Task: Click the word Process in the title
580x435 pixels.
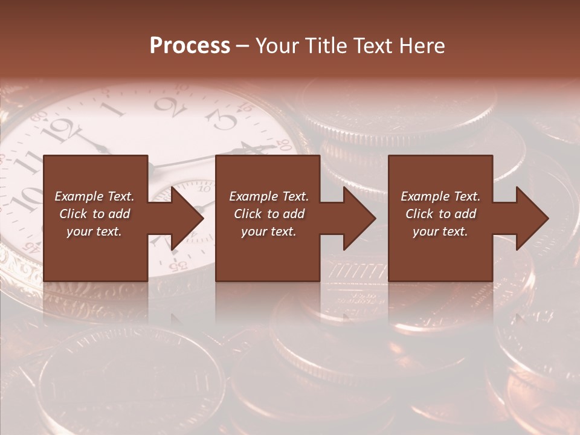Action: point(190,45)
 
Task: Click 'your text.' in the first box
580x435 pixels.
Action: point(94,231)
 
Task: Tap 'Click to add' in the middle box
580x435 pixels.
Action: point(269,214)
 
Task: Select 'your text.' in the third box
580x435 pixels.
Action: point(440,231)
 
